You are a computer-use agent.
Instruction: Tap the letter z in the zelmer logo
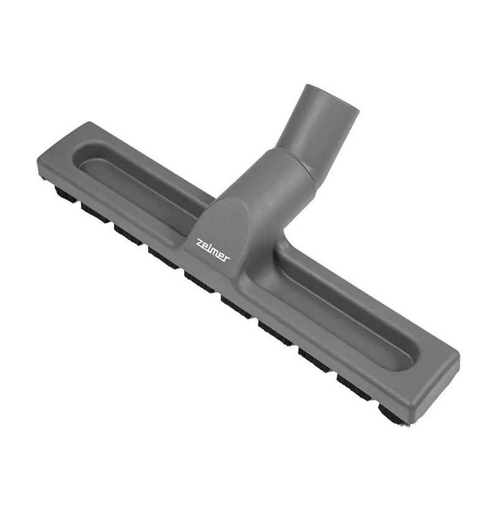tap(199, 244)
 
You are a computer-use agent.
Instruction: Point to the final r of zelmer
tap(227, 258)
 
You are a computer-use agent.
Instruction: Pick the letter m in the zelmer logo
tap(216, 253)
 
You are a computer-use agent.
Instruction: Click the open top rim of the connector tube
tap(332, 98)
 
